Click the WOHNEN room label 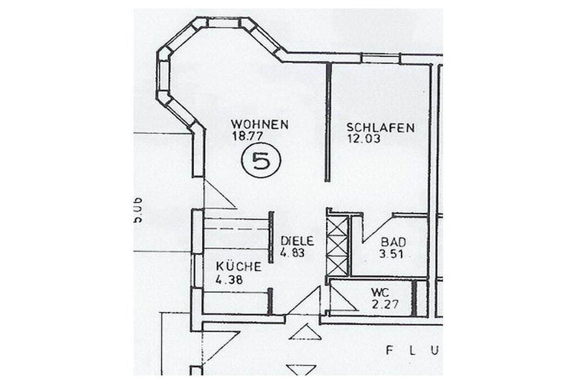(x=259, y=124)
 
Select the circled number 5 (x=260, y=161)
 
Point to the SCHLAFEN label (x=380, y=128)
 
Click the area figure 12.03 (x=361, y=138)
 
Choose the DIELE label (x=296, y=241)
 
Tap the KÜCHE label (x=238, y=267)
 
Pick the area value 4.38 (x=229, y=279)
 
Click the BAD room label (x=393, y=242)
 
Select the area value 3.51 (x=392, y=253)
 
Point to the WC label (x=380, y=293)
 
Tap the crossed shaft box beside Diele (x=337, y=247)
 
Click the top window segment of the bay (x=224, y=22)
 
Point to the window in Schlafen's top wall (x=380, y=58)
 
